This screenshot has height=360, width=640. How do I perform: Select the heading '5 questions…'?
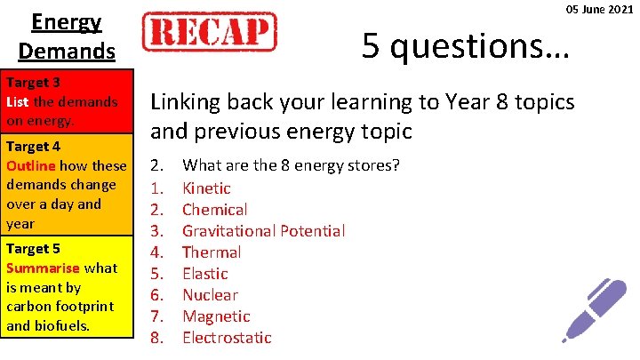coord(465,44)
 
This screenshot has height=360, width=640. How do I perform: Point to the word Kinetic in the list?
coord(206,188)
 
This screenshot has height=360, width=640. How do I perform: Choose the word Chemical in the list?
coord(214,210)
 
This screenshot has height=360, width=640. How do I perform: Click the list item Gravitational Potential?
coord(263,231)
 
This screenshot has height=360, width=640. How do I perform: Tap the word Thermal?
coord(212,252)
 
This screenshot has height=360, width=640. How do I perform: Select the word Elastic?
coord(204,274)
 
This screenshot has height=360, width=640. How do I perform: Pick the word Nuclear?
coord(210,295)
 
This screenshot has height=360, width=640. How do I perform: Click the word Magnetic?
coord(216,316)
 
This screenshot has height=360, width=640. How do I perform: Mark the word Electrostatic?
coord(227,338)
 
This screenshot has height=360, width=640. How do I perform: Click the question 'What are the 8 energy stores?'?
coord(291,166)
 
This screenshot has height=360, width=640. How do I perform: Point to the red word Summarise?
coord(42,268)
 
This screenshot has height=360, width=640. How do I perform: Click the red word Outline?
coord(32,165)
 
